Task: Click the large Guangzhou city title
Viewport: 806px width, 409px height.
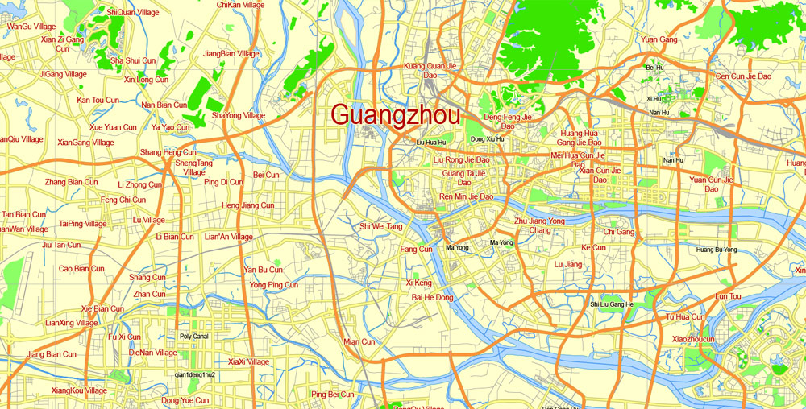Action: (396, 114)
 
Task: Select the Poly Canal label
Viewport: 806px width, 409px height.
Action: (194, 337)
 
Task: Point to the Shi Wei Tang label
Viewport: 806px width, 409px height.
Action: (381, 227)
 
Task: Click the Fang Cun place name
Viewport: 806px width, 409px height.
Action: (417, 250)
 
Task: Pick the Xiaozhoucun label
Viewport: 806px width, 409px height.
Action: (693, 339)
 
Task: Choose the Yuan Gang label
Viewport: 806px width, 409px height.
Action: (659, 39)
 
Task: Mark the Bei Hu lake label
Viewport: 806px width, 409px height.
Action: (654, 68)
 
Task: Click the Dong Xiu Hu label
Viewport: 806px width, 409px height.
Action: (488, 139)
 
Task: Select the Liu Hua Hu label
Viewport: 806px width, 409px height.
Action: (430, 143)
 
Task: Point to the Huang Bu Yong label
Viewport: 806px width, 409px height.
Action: (717, 250)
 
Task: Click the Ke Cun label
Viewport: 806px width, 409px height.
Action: (593, 248)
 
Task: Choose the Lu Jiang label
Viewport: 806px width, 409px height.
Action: (568, 264)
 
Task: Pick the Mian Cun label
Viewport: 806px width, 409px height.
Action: (359, 341)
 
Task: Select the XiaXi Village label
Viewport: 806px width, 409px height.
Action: (248, 362)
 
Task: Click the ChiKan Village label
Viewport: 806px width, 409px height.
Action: (240, 5)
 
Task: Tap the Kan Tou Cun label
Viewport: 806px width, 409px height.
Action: (98, 101)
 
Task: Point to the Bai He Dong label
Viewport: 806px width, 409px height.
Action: (433, 298)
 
